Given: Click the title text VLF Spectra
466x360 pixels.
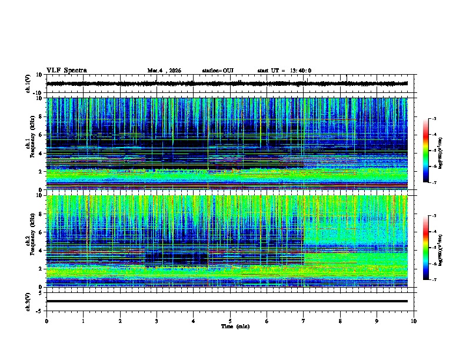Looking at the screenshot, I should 66,71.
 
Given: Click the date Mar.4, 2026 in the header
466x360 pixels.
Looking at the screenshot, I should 164,71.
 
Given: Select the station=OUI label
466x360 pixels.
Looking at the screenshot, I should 218,71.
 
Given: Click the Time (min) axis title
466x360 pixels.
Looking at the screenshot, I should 235,326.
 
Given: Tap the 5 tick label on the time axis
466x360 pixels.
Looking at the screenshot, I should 230,321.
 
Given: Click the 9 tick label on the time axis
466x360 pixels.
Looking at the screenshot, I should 377,321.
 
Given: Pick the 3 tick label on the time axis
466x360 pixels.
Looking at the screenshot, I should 157,321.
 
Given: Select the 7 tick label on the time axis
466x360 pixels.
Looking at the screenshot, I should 304,321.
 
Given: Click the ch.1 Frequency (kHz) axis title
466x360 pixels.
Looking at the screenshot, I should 30,144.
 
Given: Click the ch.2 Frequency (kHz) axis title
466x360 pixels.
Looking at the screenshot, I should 30,241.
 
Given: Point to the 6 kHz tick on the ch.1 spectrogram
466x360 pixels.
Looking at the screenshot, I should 41,135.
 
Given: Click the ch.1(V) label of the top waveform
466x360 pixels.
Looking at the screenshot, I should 29,84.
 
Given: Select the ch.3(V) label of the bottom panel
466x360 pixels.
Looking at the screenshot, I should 29,301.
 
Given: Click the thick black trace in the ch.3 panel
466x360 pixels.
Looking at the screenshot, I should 229,301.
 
